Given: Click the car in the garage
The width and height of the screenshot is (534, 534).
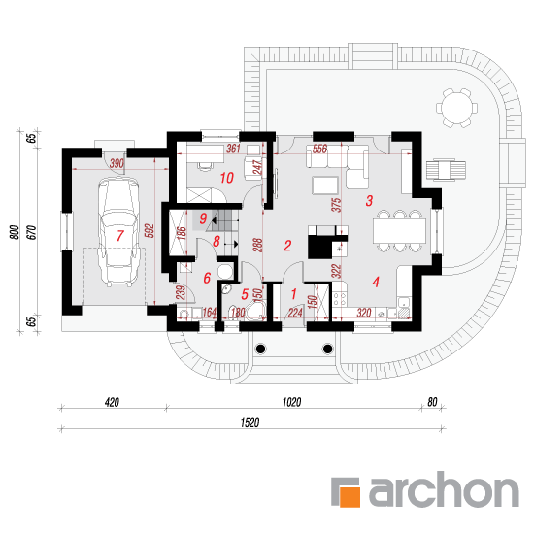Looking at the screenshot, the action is (x=118, y=232).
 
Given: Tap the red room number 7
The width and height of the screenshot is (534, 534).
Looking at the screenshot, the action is (x=119, y=236).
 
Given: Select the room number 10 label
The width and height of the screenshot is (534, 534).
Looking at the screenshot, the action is (x=227, y=178).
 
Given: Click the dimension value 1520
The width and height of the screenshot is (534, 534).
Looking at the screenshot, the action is (x=250, y=423).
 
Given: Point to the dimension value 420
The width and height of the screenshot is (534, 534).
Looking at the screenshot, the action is (x=112, y=403).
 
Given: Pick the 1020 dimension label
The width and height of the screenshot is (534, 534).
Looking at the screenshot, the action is (x=292, y=402).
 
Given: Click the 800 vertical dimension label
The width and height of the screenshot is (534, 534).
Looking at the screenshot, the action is (x=15, y=232).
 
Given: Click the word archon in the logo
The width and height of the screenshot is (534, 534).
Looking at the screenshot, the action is (x=444, y=489).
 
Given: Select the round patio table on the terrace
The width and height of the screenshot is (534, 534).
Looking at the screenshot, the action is (x=456, y=108).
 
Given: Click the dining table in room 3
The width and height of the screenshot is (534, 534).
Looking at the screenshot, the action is (x=399, y=231).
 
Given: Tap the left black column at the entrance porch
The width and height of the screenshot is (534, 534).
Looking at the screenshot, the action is (x=260, y=349).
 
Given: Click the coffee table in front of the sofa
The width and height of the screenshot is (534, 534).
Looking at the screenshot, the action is (x=325, y=185).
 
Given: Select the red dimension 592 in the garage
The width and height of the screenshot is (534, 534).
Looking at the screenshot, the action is (x=150, y=230).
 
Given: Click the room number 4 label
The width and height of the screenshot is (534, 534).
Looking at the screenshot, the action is (x=376, y=282).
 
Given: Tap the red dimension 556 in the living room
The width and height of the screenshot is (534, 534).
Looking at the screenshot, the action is (x=319, y=149).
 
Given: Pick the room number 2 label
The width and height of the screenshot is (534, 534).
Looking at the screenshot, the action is (x=287, y=246).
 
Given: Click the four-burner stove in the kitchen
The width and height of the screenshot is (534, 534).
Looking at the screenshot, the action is (x=340, y=298).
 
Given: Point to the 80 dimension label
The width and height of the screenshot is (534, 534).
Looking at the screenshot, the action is (x=432, y=402).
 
